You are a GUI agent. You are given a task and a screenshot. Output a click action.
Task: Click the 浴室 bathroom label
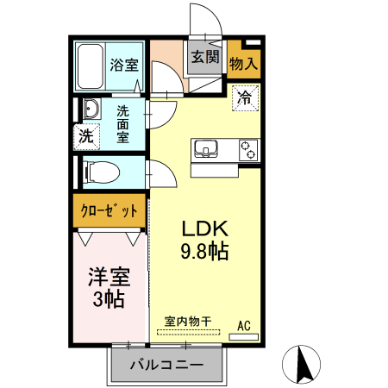coord(122,64)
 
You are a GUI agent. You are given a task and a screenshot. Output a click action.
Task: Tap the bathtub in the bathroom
coord(90,67)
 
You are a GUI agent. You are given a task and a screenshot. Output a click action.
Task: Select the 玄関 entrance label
coord(204,58)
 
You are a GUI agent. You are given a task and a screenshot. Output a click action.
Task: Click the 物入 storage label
coord(243,63)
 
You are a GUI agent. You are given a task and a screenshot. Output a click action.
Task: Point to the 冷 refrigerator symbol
coord(245,97)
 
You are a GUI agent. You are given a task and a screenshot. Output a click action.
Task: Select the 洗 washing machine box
coord(85,135)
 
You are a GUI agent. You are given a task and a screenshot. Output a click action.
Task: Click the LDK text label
coord(203,230)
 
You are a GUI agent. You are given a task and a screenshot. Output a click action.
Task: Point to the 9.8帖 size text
coord(203,253)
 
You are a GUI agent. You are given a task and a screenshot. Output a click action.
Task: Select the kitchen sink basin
coord(206,149)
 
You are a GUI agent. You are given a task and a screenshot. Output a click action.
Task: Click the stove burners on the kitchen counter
coord(247,149)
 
